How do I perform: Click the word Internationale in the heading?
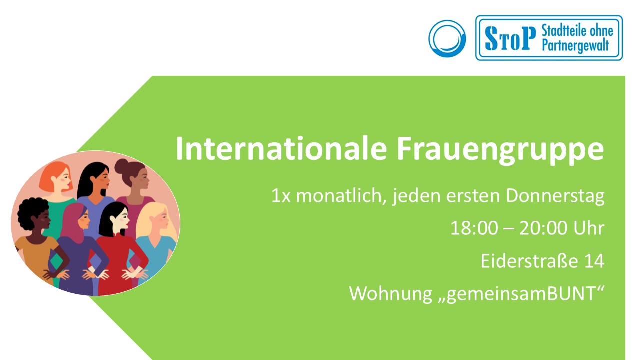tap(281, 149)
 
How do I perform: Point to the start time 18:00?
tap(474, 228)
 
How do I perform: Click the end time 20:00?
tap(543, 228)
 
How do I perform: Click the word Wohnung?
tap(391, 294)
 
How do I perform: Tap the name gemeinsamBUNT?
tap(521, 294)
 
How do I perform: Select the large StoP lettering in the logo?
tap(510, 38)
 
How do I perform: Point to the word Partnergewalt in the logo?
tap(575, 45)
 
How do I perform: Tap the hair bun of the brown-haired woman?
tap(121, 165)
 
